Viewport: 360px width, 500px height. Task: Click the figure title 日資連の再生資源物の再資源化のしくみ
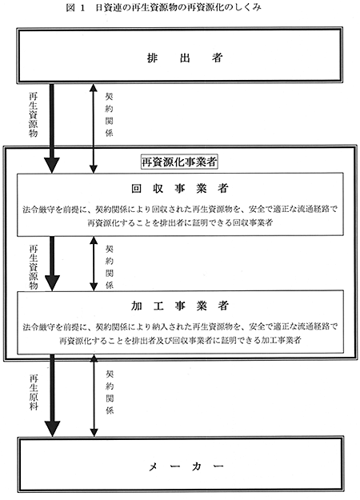coord(178,7)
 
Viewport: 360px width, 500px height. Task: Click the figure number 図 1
coord(76,7)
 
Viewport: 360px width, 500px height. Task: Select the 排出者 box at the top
coord(180,55)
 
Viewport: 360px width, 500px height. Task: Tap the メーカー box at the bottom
coord(180,465)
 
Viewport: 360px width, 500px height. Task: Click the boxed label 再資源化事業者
coord(179,162)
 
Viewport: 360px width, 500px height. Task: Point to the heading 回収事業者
coord(180,189)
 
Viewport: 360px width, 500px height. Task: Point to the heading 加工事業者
coord(180,306)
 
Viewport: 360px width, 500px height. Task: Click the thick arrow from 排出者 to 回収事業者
coord(52,129)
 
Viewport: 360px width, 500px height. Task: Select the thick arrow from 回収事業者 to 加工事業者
coord(52,263)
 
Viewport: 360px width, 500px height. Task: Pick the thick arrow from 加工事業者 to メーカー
coord(52,395)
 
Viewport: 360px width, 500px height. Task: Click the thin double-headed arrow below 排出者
coord(93,129)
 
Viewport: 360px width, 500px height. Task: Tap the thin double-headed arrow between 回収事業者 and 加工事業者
coord(94,263)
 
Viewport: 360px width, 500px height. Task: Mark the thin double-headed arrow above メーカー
coord(94,395)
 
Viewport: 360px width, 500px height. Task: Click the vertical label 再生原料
coord(34,392)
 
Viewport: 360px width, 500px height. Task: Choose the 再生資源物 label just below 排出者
coord(33,114)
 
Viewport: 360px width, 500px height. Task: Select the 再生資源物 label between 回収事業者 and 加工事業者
coord(34,267)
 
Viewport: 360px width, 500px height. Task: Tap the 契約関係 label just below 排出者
coord(110,114)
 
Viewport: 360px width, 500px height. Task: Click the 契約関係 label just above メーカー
coord(110,392)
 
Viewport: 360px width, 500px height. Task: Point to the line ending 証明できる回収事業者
coord(180,222)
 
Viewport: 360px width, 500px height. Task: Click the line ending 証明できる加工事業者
coord(180,340)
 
